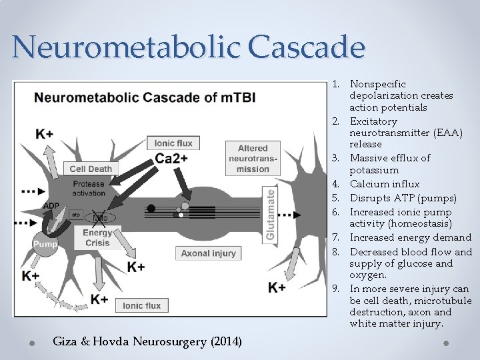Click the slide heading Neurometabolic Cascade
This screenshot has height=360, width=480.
[189, 47]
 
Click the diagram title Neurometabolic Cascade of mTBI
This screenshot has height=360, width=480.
[145, 98]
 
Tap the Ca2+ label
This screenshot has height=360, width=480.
[171, 158]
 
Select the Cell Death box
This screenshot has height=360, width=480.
[91, 169]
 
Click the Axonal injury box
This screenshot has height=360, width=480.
[208, 253]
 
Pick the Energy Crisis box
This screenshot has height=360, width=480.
[97, 237]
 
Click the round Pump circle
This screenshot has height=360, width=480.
[45, 244]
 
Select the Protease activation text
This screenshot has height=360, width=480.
[89, 189]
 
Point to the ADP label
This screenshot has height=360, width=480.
[51, 206]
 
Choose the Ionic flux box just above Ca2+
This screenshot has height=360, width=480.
[173, 143]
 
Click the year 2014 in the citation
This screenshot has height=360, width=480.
[226, 342]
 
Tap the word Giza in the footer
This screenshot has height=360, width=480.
[65, 342]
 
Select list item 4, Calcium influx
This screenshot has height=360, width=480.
[385, 184]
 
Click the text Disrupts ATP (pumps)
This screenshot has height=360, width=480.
[403, 198]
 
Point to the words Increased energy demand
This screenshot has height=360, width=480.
[410, 237]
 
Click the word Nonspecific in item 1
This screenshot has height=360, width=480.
[377, 84]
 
